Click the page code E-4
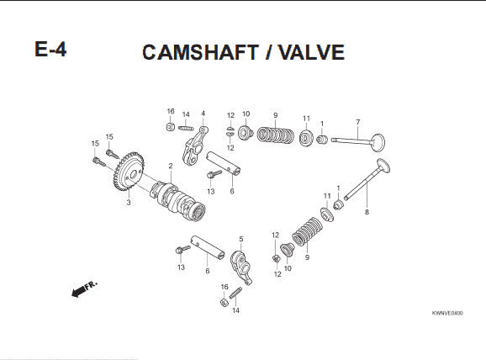(x=50, y=49)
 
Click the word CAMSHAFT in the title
(x=200, y=52)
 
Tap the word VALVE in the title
(x=311, y=52)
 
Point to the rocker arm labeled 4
(x=194, y=146)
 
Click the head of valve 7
(x=378, y=142)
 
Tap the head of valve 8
(x=383, y=165)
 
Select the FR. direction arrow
(x=84, y=289)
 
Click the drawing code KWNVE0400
(x=447, y=313)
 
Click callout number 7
(x=358, y=122)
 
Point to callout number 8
(x=367, y=212)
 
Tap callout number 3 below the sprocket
(x=129, y=203)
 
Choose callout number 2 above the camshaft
(x=171, y=167)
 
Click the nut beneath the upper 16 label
(x=170, y=127)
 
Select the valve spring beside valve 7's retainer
(x=276, y=135)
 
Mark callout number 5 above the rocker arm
(x=241, y=239)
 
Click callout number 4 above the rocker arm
(x=203, y=114)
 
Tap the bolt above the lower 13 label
(x=182, y=249)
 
